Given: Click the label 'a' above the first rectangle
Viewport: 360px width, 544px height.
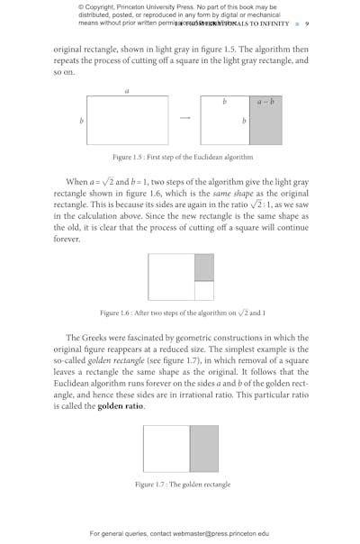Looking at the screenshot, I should (126, 90).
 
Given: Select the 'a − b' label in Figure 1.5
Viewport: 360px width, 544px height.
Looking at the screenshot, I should (264, 103).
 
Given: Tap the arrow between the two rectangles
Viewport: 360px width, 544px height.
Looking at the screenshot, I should (185, 118).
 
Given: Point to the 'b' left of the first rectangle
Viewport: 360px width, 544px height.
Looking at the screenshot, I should (81, 120).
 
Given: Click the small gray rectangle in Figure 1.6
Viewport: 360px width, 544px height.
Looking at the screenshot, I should (204, 267).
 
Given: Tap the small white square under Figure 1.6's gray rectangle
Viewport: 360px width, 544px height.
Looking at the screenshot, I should (204, 290).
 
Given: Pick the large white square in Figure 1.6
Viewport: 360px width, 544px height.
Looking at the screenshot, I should (171, 277).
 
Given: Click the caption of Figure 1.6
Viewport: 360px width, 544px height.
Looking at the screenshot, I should (180, 313).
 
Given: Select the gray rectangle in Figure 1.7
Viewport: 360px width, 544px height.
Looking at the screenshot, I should (203, 449).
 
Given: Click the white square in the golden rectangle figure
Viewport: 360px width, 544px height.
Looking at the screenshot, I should (166, 449).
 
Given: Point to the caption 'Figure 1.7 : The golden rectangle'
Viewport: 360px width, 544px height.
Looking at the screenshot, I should (182, 485).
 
